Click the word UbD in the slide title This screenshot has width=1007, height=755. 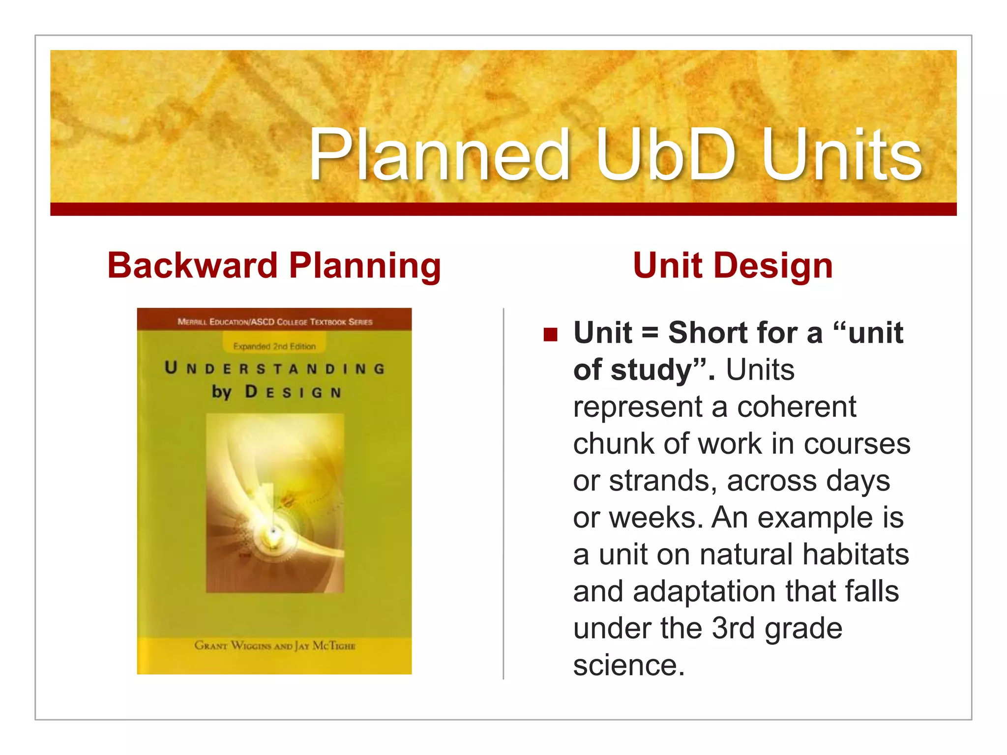pyautogui.click(x=666, y=154)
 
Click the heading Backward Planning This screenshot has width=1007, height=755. pyautogui.click(x=274, y=265)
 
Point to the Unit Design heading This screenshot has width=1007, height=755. pyautogui.click(x=733, y=265)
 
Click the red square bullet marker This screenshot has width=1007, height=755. pyautogui.click(x=550, y=335)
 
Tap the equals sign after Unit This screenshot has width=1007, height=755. pyautogui.click(x=650, y=333)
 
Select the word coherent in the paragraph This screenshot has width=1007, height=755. pyautogui.click(x=797, y=407)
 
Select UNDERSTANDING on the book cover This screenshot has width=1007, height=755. pyautogui.click(x=274, y=369)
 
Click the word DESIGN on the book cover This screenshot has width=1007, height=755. pyautogui.click(x=293, y=392)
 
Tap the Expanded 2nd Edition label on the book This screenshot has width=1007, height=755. pyautogui.click(x=274, y=347)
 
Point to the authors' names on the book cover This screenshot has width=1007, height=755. pyautogui.click(x=274, y=645)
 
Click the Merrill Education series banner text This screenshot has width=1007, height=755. pyautogui.click(x=274, y=322)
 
